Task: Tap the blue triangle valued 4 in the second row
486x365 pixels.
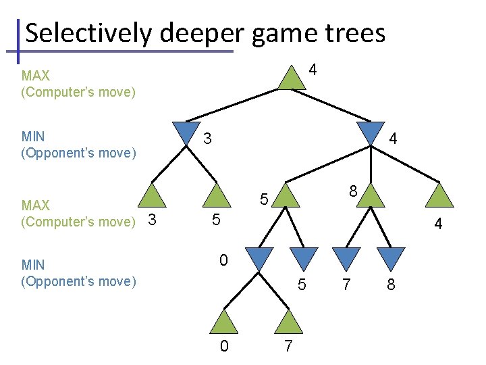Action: (371, 132)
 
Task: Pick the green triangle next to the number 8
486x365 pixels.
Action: (371, 195)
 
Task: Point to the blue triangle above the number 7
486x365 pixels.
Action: (346, 258)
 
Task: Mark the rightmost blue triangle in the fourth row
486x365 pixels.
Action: (390, 258)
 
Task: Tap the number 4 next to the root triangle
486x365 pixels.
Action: (313, 70)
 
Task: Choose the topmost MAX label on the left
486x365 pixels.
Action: (35, 76)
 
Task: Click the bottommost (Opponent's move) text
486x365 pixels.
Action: (79, 281)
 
